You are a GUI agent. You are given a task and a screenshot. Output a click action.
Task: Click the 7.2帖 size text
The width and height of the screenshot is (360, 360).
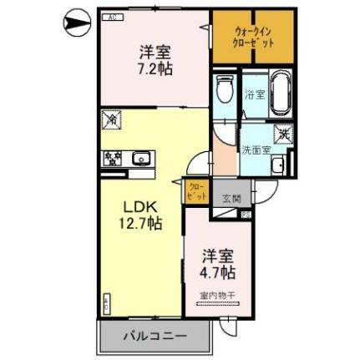tap(155, 69)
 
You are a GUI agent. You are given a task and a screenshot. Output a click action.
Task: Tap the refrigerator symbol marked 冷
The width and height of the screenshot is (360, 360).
tap(112, 120)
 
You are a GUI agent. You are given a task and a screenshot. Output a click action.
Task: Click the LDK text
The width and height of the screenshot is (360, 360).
tap(140, 206)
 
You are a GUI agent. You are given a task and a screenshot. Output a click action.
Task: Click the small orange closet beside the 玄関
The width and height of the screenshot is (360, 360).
tap(195, 191)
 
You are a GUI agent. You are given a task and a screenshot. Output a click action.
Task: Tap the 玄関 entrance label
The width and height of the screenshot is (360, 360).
tap(231, 199)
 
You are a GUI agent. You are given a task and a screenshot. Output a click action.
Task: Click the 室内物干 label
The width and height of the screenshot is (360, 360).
tap(217, 295)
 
